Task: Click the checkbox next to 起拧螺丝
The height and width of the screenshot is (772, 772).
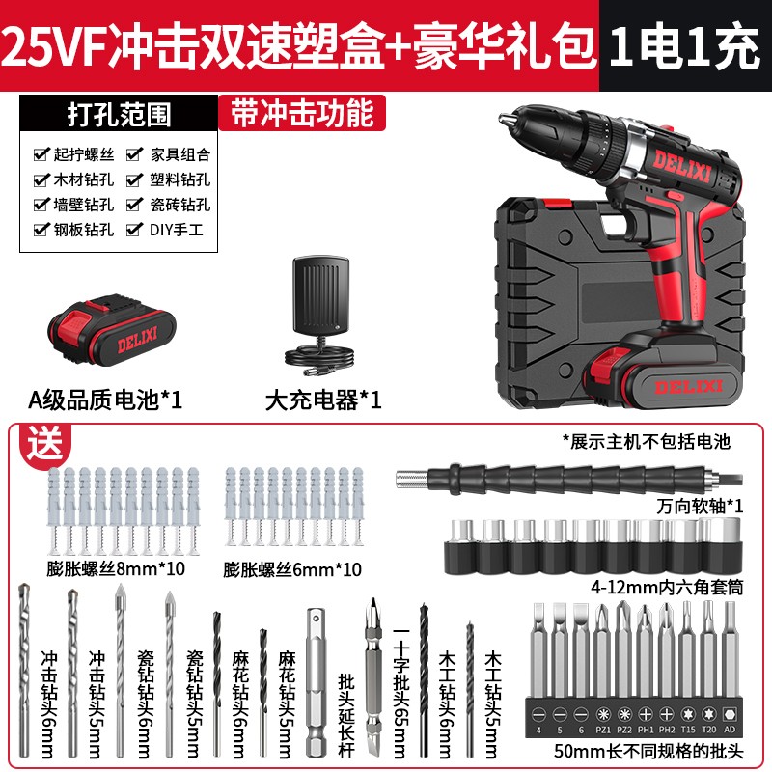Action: (40, 154)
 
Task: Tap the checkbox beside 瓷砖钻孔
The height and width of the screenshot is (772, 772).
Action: (132, 205)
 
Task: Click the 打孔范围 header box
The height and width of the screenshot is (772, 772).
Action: (119, 114)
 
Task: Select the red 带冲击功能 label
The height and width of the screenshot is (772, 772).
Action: (301, 113)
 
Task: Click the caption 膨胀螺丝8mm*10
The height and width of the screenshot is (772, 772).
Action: (116, 569)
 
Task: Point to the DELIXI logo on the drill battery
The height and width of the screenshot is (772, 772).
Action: (681, 385)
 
